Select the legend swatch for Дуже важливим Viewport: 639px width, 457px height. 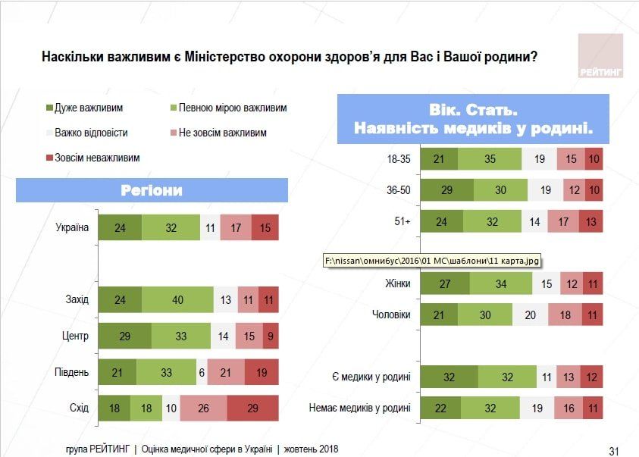(x=49, y=108)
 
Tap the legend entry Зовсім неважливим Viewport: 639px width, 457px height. (x=96, y=158)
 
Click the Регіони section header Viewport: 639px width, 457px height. (x=152, y=190)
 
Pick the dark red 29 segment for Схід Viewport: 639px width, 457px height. (x=252, y=408)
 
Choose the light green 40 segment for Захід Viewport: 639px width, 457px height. (x=177, y=299)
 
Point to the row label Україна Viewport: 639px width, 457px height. (x=72, y=227)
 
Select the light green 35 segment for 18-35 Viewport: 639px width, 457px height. (x=490, y=159)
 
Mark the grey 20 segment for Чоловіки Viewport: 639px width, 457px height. (x=530, y=315)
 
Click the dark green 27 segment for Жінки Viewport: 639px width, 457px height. (x=444, y=284)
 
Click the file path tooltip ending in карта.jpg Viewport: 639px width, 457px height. (x=431, y=261)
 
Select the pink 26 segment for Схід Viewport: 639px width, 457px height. (x=203, y=408)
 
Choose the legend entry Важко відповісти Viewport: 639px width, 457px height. (x=90, y=133)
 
